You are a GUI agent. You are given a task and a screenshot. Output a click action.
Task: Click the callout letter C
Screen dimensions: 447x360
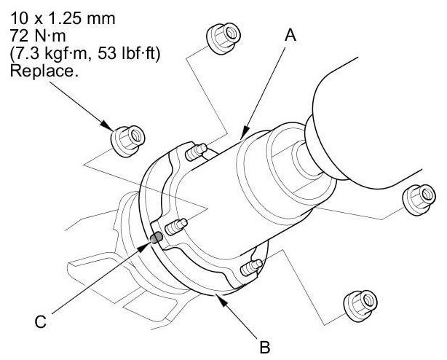[x=42, y=319]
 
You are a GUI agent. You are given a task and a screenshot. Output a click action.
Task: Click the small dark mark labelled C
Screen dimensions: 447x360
[x=154, y=238]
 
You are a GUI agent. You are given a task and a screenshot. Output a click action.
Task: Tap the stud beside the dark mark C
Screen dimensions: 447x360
[x=175, y=227]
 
